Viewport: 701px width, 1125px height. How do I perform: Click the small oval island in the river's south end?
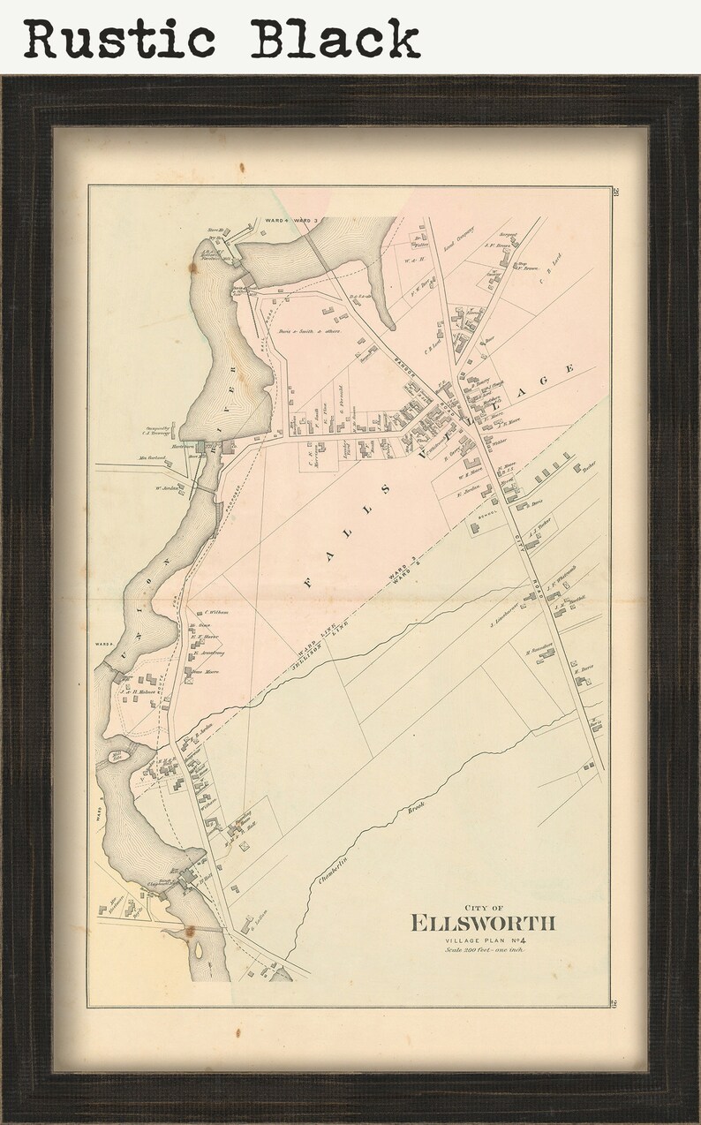[x=200, y=951]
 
